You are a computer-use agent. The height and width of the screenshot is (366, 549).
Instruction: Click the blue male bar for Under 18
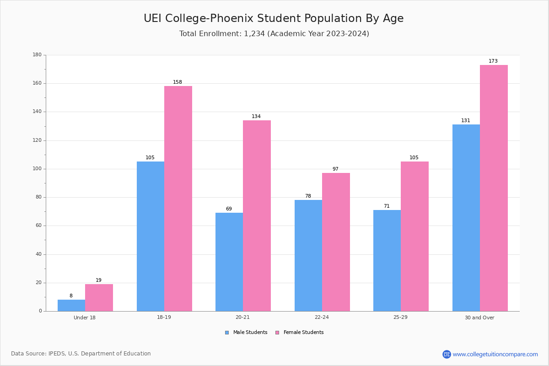click(71, 305)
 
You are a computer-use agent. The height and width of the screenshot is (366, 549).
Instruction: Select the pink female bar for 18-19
click(178, 199)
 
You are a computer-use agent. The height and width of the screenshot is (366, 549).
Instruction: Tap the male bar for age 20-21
click(229, 262)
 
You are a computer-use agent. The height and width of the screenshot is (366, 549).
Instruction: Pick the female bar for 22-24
click(336, 242)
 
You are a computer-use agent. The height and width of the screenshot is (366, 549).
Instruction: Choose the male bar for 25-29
click(387, 261)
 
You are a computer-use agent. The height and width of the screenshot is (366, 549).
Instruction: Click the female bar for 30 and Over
click(494, 188)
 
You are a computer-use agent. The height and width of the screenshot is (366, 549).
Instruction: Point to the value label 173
click(493, 61)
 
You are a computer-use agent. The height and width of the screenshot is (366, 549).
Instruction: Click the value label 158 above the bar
click(178, 82)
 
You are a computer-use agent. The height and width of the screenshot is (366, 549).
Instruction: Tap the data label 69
click(229, 209)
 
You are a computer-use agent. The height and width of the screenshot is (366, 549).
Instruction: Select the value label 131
click(466, 120)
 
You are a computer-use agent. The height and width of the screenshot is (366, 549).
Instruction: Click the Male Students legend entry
click(246, 332)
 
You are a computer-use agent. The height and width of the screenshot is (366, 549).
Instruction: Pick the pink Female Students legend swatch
click(277, 333)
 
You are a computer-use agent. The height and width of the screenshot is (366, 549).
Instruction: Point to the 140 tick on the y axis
click(37, 112)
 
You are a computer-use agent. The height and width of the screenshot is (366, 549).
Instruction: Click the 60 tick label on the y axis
click(38, 225)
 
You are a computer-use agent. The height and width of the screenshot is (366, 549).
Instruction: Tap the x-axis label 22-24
click(322, 317)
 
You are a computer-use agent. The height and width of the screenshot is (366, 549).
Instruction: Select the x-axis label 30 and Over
click(479, 318)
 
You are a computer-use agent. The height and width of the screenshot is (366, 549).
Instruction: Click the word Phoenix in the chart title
click(231, 18)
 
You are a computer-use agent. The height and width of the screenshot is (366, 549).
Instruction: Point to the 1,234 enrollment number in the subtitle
click(254, 33)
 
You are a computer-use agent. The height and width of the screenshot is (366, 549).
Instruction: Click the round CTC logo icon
click(447, 354)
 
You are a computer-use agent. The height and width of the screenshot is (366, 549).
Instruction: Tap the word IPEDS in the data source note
click(57, 354)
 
